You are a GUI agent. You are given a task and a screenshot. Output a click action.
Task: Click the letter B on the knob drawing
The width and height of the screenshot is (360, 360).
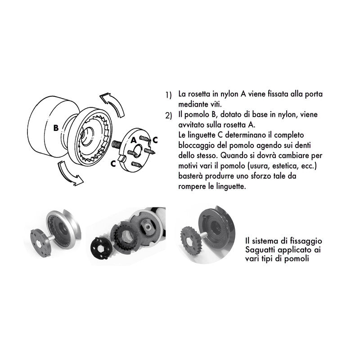pyautogui.click(x=56, y=128)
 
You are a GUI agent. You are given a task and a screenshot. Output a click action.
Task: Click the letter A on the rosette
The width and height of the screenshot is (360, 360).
pyautogui.click(x=134, y=140)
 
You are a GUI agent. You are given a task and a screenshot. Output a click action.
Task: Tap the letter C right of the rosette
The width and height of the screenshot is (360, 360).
pyautogui.click(x=155, y=139)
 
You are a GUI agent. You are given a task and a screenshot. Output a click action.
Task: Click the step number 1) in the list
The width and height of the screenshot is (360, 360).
pyautogui.click(x=168, y=96)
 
